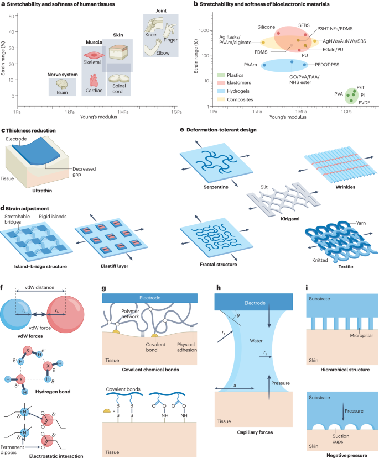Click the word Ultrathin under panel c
tap(42, 181)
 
